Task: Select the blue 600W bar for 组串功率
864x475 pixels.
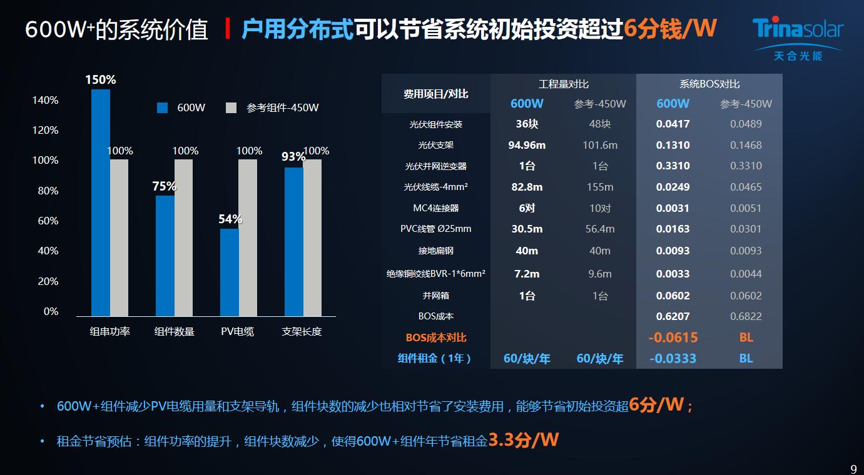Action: (x=101, y=202)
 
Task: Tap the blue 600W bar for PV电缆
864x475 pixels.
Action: (x=230, y=272)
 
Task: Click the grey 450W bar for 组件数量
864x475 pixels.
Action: (x=183, y=237)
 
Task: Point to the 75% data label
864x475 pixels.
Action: (x=165, y=186)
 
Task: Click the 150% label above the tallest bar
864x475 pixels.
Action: (x=101, y=80)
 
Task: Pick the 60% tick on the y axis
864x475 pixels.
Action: (x=45, y=221)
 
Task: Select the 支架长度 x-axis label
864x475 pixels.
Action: (x=302, y=331)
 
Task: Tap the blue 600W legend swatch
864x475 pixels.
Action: (x=163, y=107)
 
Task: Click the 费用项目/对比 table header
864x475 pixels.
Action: (x=436, y=94)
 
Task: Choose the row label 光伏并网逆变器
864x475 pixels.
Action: (x=436, y=166)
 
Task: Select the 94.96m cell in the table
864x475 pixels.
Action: (x=527, y=145)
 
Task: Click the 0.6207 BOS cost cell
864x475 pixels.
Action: (x=673, y=316)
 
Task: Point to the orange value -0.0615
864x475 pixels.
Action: (x=673, y=337)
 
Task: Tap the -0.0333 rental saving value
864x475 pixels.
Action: (x=673, y=358)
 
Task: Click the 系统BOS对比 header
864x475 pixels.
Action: (x=709, y=84)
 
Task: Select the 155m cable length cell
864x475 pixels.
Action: (x=600, y=187)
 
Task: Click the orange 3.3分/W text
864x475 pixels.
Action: (x=523, y=439)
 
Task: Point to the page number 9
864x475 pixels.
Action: (x=853, y=469)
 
